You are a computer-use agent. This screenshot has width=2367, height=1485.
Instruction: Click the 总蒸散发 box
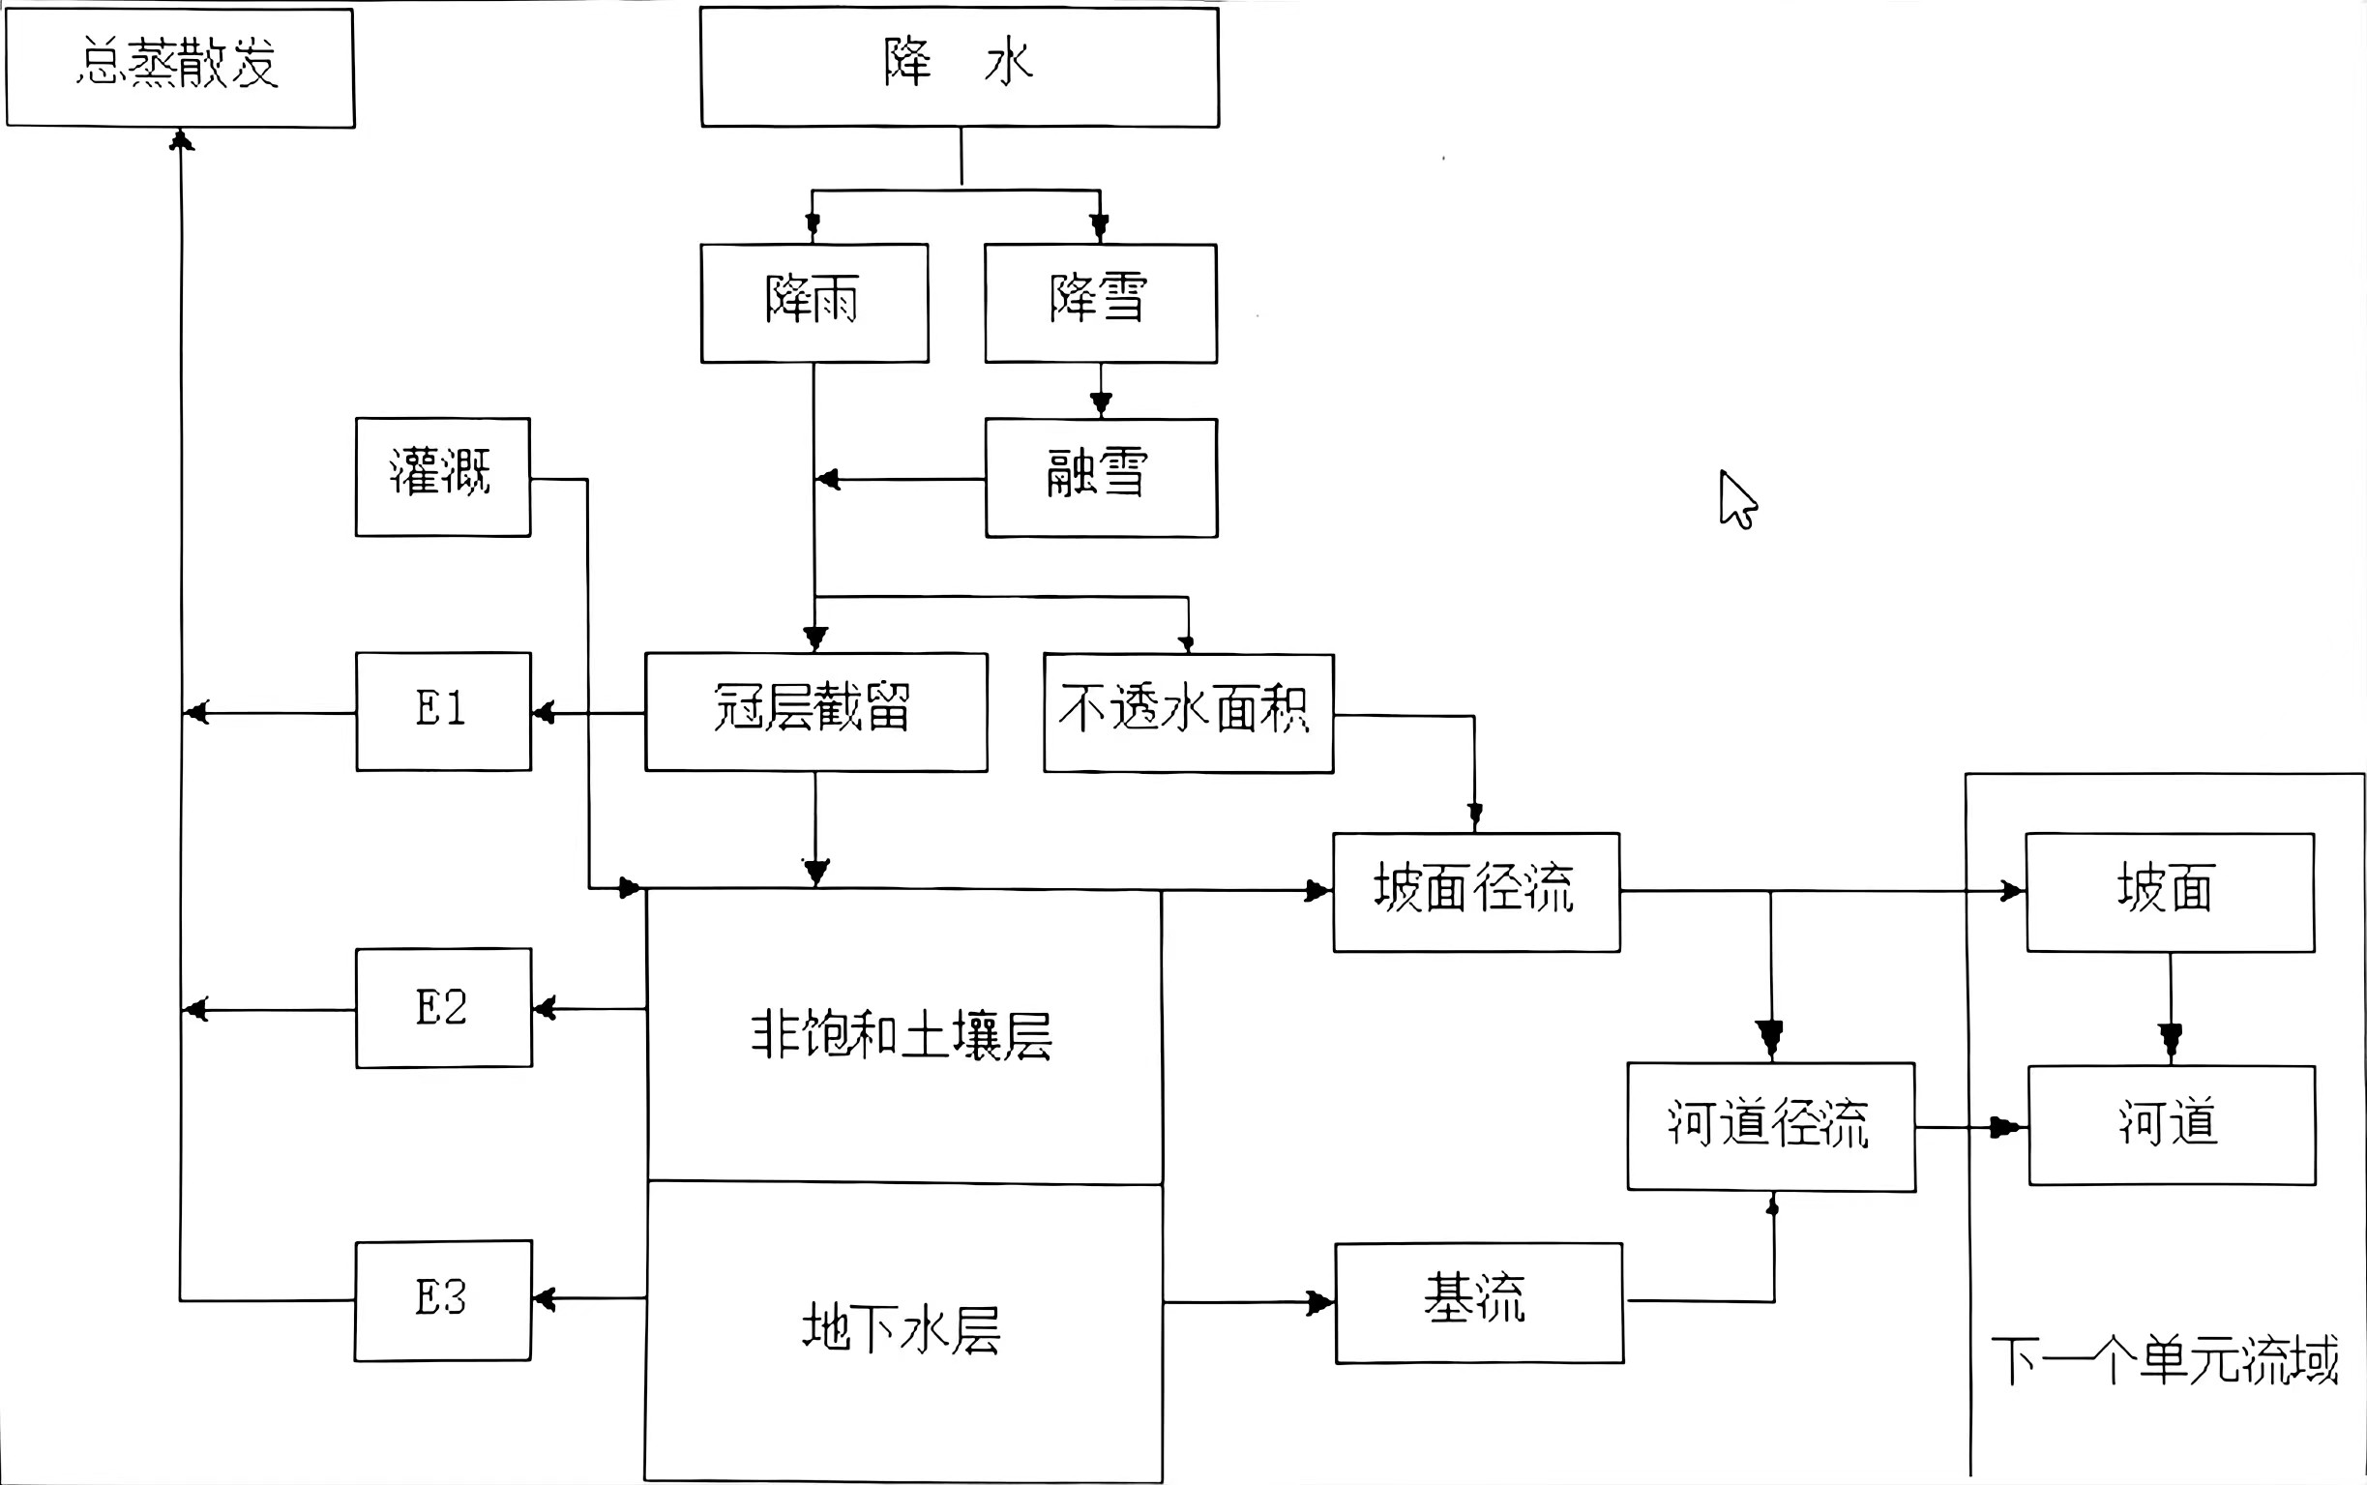(180, 67)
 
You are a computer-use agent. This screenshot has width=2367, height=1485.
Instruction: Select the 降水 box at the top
(960, 67)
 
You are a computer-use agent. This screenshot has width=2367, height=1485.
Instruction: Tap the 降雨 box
(814, 303)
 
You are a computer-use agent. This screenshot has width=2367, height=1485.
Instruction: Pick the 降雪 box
(1101, 303)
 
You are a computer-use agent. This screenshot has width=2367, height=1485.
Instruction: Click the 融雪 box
(1101, 477)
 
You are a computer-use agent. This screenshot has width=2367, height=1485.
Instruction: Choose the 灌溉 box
(443, 476)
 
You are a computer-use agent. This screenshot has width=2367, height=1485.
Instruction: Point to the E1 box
(443, 711)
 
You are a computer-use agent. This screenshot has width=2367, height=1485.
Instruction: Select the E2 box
(443, 1008)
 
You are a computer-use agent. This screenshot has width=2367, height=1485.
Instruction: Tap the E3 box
(443, 1299)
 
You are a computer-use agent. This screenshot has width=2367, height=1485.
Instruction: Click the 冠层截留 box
(815, 711)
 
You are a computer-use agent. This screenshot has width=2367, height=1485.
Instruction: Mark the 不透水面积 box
(1188, 712)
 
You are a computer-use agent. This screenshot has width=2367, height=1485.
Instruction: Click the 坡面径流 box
(1475, 892)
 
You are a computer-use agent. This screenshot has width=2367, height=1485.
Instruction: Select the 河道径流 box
(1770, 1125)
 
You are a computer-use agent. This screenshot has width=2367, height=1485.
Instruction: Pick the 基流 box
(1478, 1302)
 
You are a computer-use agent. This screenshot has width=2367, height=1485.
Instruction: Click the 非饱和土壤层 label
(902, 1035)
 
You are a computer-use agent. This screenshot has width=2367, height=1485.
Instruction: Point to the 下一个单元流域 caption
(2164, 1360)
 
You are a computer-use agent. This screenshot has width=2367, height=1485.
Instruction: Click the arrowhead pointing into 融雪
(1101, 403)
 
